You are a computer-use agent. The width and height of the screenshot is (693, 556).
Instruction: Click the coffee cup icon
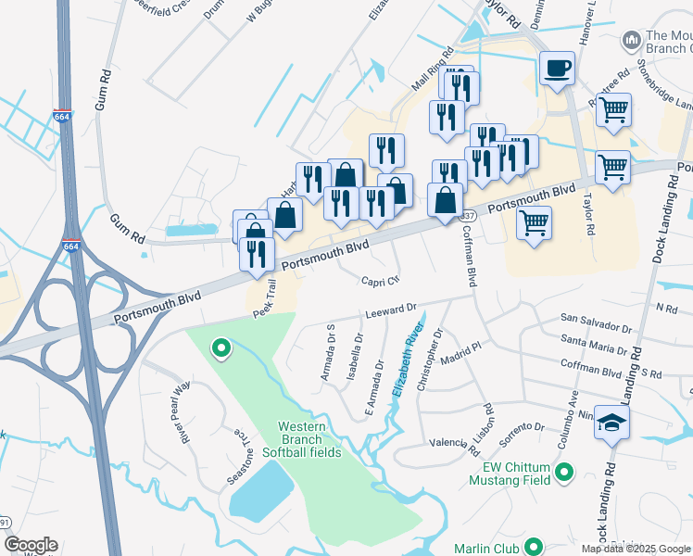557,69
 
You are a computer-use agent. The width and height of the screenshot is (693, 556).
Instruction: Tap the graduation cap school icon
611,423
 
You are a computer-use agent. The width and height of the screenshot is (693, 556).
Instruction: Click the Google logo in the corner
30,545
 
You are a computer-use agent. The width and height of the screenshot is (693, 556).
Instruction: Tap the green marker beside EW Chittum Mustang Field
564,474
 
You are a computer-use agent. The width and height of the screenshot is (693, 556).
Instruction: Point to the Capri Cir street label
380,280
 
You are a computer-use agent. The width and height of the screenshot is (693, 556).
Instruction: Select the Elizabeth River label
407,359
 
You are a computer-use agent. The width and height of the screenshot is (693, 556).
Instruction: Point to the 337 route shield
470,215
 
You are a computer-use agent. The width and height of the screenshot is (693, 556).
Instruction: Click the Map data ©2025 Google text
636,549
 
